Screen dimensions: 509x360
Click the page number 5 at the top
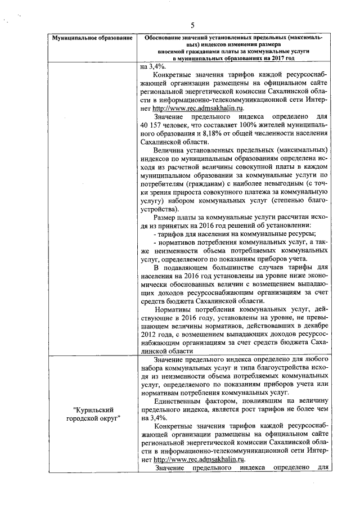pos(192,25)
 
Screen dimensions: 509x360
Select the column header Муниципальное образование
pos(92,38)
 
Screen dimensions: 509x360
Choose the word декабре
pos(307,326)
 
